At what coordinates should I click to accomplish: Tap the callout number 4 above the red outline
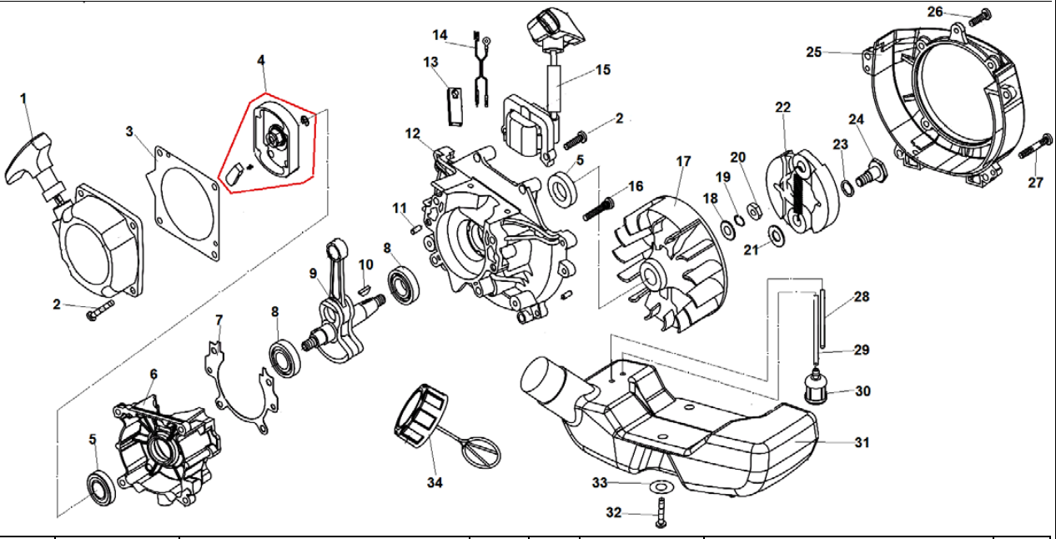tap(261, 61)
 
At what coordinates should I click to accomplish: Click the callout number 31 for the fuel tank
tap(862, 442)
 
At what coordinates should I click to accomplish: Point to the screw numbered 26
tap(981, 14)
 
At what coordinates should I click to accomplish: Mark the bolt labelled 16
tap(597, 208)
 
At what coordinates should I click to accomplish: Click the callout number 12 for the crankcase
tap(414, 133)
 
